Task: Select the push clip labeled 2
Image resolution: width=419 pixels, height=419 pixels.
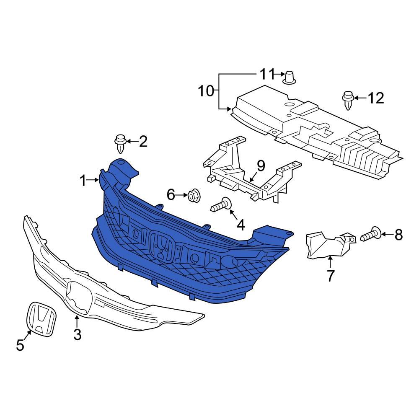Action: click(120, 143)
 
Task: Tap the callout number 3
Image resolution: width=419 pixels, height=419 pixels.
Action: click(77, 335)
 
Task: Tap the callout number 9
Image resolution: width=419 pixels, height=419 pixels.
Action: click(261, 166)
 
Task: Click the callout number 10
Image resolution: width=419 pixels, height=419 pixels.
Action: click(206, 91)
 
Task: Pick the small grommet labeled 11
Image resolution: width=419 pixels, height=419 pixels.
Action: click(289, 78)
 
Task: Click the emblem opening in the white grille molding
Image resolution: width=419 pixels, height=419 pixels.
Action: click(80, 297)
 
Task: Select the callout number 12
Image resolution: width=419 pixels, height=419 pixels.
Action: click(375, 98)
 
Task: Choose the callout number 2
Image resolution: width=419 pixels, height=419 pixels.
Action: click(143, 142)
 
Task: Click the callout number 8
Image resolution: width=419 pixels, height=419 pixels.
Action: click(398, 235)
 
